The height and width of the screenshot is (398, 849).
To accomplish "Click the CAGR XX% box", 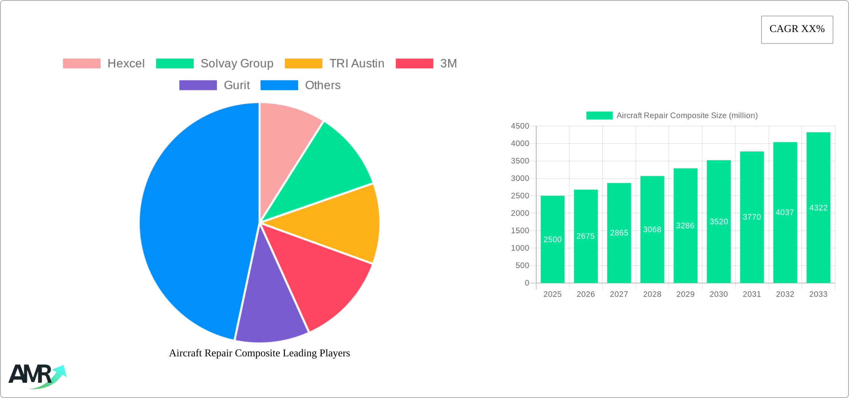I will click(797, 29).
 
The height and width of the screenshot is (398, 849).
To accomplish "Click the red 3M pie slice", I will click(317, 275).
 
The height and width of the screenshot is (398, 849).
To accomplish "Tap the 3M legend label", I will click(448, 64).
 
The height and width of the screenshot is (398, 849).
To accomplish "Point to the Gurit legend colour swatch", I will click(198, 85).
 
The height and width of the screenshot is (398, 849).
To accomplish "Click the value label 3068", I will click(652, 230).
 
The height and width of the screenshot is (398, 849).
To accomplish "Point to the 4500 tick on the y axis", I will click(520, 126).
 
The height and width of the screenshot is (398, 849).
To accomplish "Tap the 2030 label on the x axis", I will click(718, 294).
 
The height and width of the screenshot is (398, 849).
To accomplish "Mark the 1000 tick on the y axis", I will click(520, 248).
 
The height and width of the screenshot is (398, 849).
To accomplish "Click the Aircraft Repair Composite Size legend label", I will click(687, 115).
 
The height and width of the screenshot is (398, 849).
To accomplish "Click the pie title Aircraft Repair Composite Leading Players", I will click(260, 353).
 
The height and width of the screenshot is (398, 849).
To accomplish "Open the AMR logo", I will click(37, 376).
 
